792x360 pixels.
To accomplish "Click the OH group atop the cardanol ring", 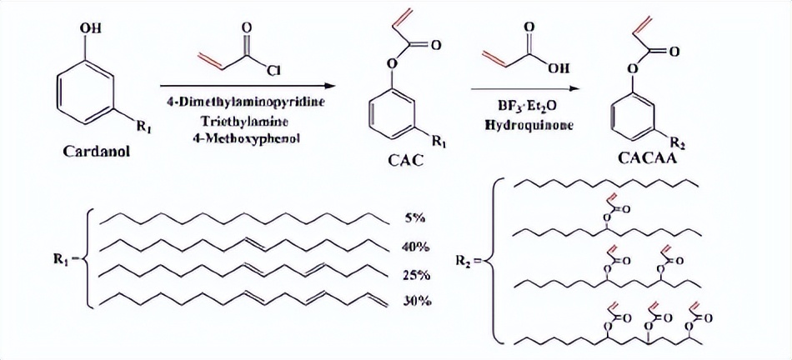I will [91, 29].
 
